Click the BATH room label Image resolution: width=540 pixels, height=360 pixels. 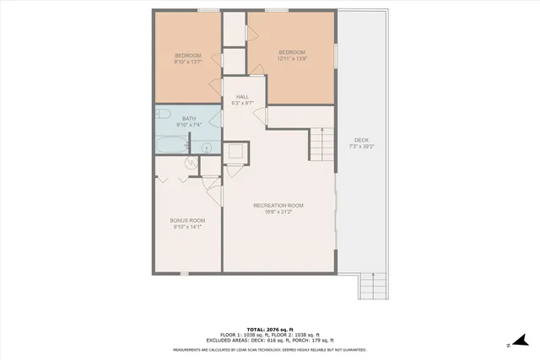coord(188,118)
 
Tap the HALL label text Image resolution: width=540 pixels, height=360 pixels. coord(242,97)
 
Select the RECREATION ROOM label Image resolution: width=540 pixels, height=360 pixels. coord(278,205)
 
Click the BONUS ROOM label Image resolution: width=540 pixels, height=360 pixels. coord(188,220)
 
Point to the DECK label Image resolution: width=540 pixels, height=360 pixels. coord(361,140)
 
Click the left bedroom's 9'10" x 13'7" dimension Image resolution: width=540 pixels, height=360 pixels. coord(188,62)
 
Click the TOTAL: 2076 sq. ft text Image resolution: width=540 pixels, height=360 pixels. coord(269,328)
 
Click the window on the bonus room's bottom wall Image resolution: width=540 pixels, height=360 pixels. coord(184,273)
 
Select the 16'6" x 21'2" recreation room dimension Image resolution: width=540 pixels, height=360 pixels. coord(278,212)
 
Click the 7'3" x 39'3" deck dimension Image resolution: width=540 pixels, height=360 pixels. coord(361,147)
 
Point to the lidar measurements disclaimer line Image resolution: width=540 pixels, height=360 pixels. coord(269,349)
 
